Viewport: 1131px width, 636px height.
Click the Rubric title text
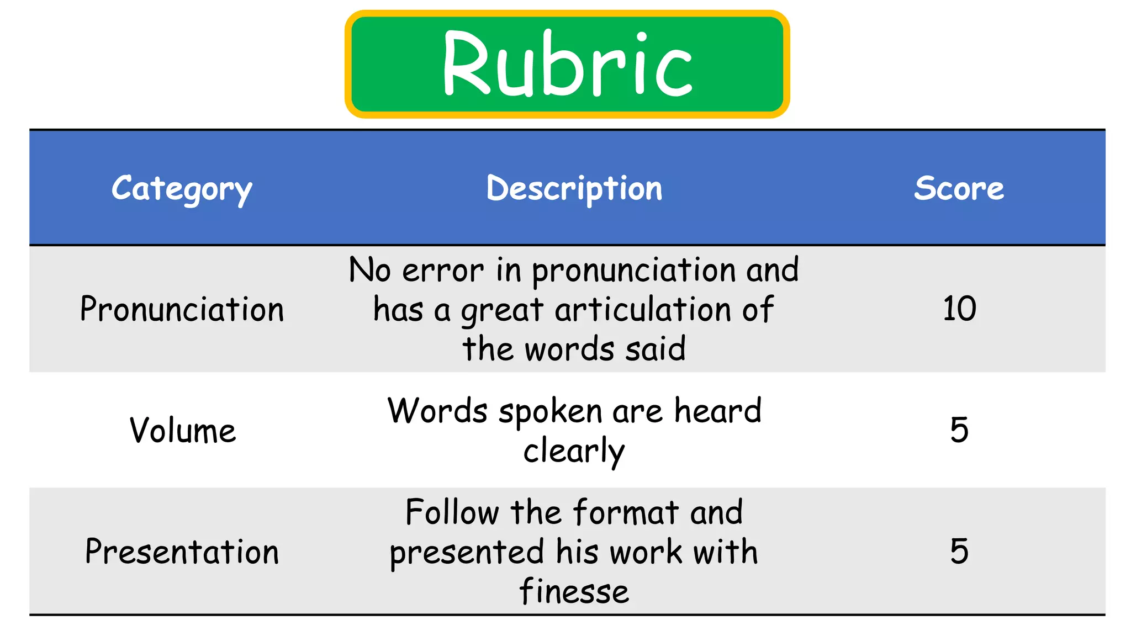[x=567, y=64]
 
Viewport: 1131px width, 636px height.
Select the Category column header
[x=182, y=189]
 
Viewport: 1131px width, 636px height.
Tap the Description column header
[x=574, y=189]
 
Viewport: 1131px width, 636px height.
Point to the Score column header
[x=959, y=189]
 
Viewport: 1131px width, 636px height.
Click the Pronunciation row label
[x=182, y=309]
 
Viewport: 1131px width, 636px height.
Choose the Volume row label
[x=183, y=431]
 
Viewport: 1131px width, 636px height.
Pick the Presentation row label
[x=182, y=552]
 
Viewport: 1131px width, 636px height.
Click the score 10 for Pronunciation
[x=959, y=309]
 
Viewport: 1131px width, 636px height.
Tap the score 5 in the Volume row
[x=959, y=430]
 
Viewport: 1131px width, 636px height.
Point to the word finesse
[x=574, y=591]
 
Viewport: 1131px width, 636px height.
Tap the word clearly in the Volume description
[x=574, y=452]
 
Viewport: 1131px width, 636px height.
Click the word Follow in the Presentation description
[x=452, y=512]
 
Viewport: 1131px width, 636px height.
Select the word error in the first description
[x=443, y=271]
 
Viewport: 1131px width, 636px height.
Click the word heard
[x=718, y=411]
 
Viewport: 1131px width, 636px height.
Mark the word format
[x=626, y=512]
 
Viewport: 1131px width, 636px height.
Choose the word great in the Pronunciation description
[x=503, y=310]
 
